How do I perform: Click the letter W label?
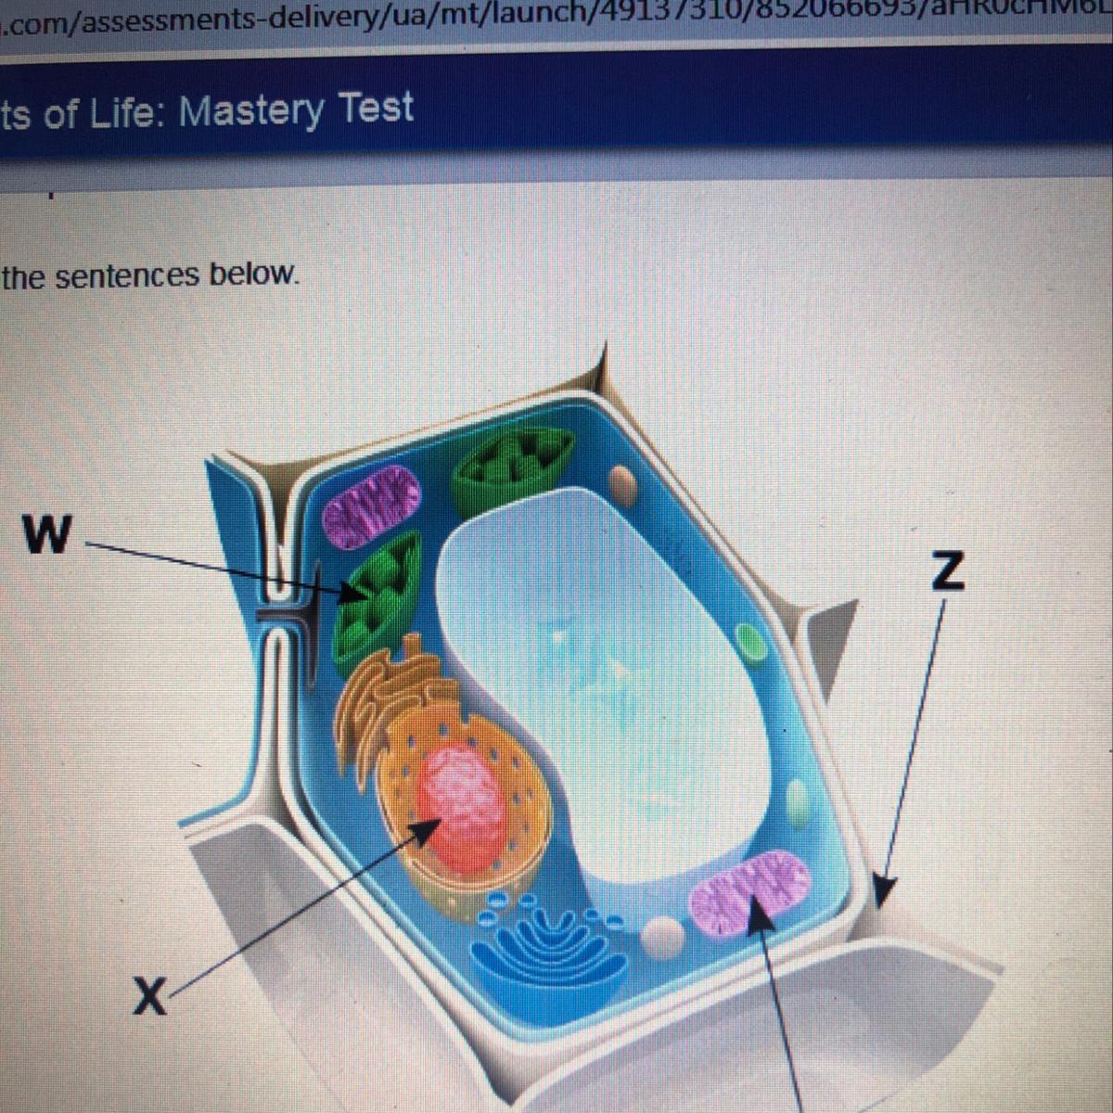[x=47, y=533]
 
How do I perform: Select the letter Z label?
[x=946, y=571]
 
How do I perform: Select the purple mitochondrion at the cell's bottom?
[x=749, y=891]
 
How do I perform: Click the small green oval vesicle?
[x=748, y=640]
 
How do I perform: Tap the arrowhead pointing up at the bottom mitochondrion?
[x=761, y=913]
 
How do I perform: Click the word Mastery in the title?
[x=250, y=111]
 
